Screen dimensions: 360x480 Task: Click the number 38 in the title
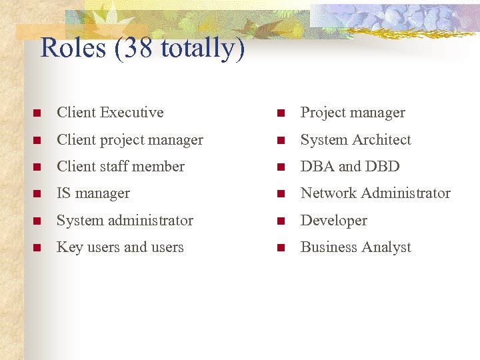pyautogui.click(x=138, y=48)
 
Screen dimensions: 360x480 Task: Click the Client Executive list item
pyautogui.click(x=110, y=113)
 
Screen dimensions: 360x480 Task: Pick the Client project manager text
pyautogui.click(x=130, y=140)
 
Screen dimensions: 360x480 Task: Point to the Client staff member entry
pyautogui.click(x=121, y=167)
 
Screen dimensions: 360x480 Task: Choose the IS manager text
pyautogui.click(x=93, y=193)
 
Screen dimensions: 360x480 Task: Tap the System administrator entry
pyautogui.click(x=125, y=221)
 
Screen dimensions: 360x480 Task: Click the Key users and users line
pyautogui.click(x=120, y=247)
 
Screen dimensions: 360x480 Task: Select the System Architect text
pyautogui.click(x=355, y=140)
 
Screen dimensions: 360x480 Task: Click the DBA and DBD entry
pyautogui.click(x=350, y=167)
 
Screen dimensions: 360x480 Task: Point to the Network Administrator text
pyautogui.click(x=375, y=193)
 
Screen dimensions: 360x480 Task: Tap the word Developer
pyautogui.click(x=333, y=221)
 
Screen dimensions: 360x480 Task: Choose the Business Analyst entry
pyautogui.click(x=355, y=247)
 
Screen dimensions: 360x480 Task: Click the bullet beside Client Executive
pyautogui.click(x=37, y=113)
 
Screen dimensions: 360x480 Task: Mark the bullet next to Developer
pyautogui.click(x=281, y=221)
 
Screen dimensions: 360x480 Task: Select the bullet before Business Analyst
pyautogui.click(x=281, y=248)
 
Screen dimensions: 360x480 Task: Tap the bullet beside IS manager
pyautogui.click(x=37, y=194)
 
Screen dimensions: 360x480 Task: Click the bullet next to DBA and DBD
pyautogui.click(x=281, y=167)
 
